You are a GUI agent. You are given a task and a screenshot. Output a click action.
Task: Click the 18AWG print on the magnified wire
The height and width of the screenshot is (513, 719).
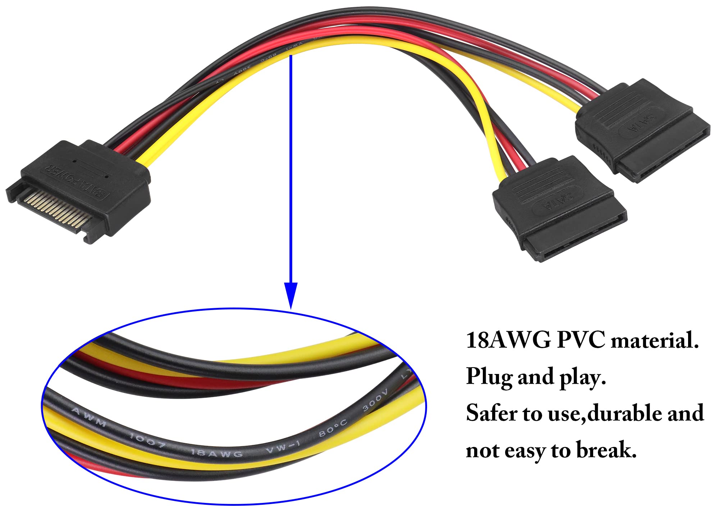216,453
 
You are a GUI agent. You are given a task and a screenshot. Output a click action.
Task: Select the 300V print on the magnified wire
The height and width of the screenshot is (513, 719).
375,400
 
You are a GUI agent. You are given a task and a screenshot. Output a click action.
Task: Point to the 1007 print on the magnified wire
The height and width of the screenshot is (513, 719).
147,440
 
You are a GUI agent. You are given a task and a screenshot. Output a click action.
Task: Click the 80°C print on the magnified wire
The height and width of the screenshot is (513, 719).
333,428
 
